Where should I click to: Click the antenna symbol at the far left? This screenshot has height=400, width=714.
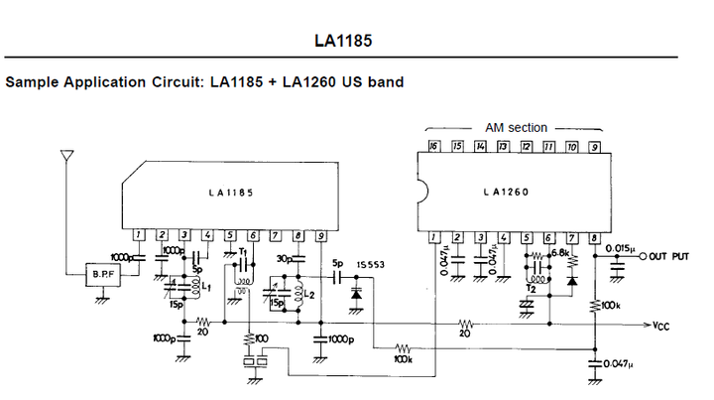[66, 157]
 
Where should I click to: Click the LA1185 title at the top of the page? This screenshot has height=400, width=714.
[344, 42]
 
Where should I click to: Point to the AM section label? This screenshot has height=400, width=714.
[516, 128]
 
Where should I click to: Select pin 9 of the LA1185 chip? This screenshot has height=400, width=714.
[321, 235]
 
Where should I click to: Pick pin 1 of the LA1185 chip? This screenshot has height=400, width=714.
[140, 235]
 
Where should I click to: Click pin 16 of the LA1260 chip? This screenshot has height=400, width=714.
[433, 147]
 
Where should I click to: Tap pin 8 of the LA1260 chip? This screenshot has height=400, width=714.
[594, 237]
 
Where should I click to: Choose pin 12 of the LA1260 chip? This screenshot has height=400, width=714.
[526, 147]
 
